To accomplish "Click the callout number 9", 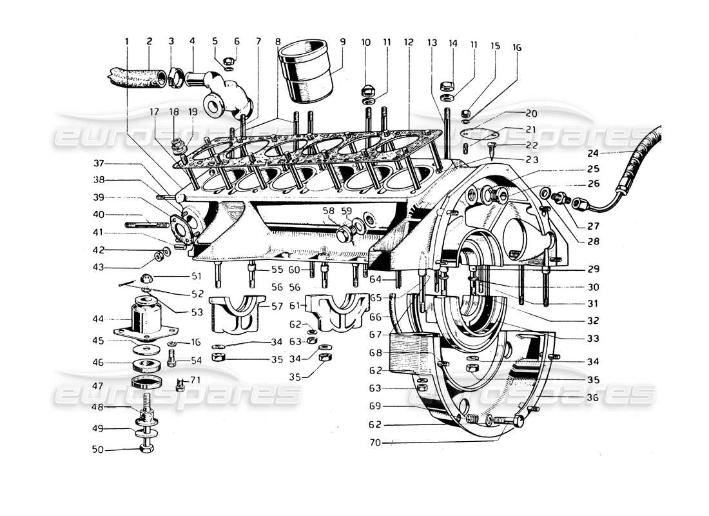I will pos(342,42).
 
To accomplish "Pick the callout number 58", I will pos(329,211).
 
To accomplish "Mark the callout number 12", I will pos(409,42).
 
